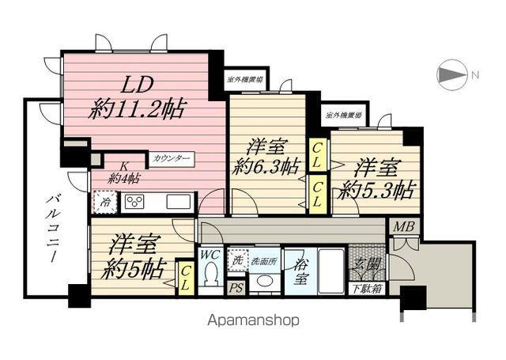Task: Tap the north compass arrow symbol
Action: pos(452,76)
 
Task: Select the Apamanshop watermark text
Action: pos(253,321)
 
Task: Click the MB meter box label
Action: pos(404,227)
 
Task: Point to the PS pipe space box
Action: pos(236,288)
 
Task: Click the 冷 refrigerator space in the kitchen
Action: pos(103,201)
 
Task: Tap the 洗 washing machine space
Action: pos(237,258)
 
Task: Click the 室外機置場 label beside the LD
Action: pos(246,78)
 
